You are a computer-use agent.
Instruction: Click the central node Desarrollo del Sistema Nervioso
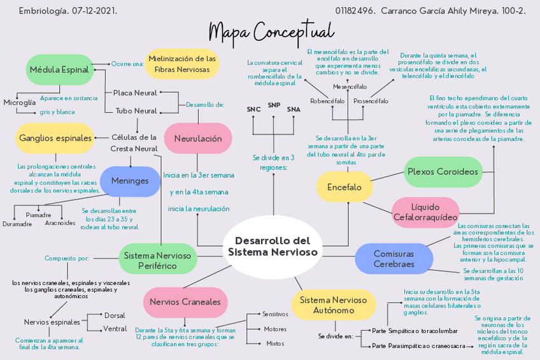pyautogui.click(x=273, y=247)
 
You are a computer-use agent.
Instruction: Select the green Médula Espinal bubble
pyautogui.click(x=60, y=69)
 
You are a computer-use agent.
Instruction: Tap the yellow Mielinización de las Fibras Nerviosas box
pyautogui.click(x=181, y=63)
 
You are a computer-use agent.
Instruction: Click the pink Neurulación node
pyautogui.click(x=198, y=138)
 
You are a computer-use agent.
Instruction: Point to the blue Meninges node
pyautogui.click(x=130, y=181)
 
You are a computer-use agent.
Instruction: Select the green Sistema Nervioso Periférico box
pyautogui.click(x=157, y=260)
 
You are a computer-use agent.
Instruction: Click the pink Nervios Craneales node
pyautogui.click(x=185, y=302)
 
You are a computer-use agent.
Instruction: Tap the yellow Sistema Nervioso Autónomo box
pyautogui.click(x=333, y=305)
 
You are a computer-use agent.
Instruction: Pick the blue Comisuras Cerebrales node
pyautogui.click(x=394, y=259)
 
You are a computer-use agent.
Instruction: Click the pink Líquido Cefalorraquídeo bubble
pyautogui.click(x=425, y=212)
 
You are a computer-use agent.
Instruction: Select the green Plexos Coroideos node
pyautogui.click(x=443, y=171)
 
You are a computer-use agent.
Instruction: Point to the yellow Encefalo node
pyautogui.click(x=344, y=187)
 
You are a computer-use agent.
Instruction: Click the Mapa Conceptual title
pyautogui.click(x=271, y=31)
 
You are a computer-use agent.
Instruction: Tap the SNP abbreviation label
pyautogui.click(x=274, y=105)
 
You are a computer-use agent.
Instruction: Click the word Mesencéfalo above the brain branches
pyautogui.click(x=350, y=86)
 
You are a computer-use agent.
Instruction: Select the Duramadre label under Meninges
pyautogui.click(x=17, y=224)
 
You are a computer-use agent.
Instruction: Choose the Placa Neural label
pyautogui.click(x=135, y=93)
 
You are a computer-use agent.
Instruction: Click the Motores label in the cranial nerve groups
pyautogui.click(x=275, y=329)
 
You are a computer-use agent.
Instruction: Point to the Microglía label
pyautogui.click(x=20, y=103)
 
